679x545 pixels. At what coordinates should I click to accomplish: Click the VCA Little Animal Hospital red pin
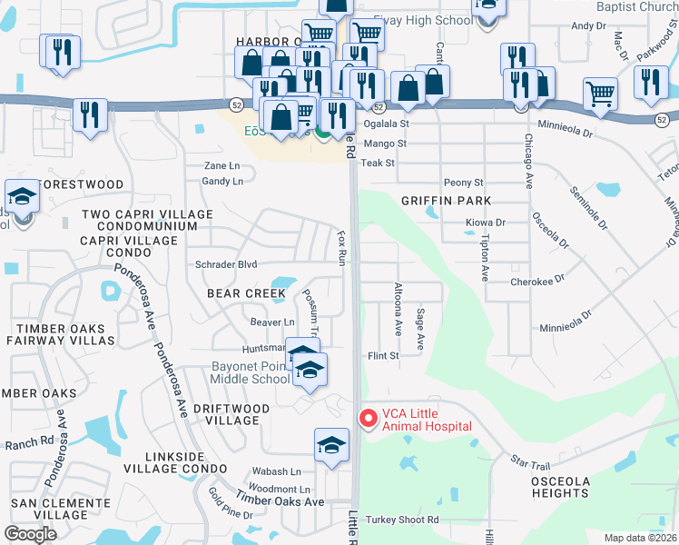(x=368, y=418)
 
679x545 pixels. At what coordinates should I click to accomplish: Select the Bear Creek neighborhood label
(x=246, y=293)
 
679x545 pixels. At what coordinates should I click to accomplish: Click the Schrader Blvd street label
(x=226, y=264)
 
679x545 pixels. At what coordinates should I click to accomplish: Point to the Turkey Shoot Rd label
(x=402, y=520)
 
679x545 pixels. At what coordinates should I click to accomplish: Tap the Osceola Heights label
(x=560, y=487)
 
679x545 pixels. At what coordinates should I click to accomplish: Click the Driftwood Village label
(x=231, y=415)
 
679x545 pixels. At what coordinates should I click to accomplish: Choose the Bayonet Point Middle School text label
(x=250, y=372)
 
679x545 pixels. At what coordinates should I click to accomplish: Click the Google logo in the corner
(x=30, y=533)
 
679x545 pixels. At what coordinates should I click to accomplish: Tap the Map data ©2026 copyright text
(x=639, y=538)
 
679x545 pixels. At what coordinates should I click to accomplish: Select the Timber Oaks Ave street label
(x=280, y=501)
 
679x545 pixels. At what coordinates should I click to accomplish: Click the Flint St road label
(x=382, y=356)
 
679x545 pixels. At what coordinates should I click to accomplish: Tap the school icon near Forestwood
(x=21, y=197)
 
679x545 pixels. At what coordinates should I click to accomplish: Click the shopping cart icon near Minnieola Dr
(x=600, y=93)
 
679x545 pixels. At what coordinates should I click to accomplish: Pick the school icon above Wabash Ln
(x=331, y=445)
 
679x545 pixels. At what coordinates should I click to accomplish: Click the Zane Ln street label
(x=221, y=166)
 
